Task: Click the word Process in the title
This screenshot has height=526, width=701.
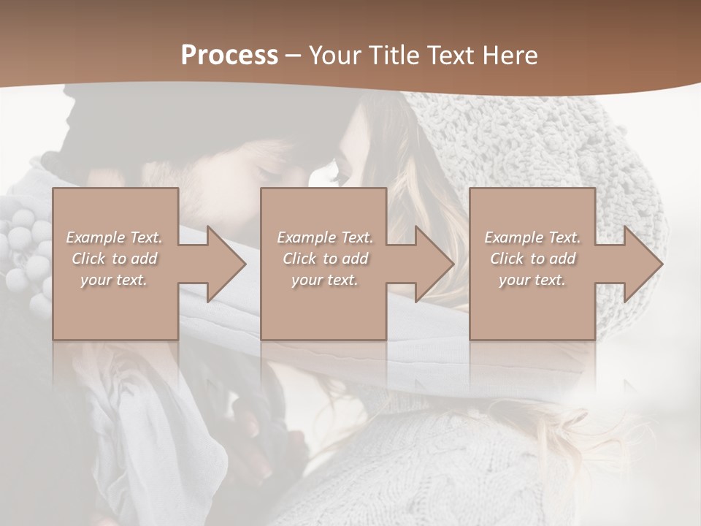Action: click(229, 55)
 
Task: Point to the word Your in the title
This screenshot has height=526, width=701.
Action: click(335, 55)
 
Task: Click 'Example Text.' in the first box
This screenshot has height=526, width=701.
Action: click(115, 237)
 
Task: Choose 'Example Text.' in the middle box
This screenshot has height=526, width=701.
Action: click(325, 237)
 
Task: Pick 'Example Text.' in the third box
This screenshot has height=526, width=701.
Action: click(532, 237)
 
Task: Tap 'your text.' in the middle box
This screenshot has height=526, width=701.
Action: click(324, 280)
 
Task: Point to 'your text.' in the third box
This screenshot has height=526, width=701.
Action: click(532, 280)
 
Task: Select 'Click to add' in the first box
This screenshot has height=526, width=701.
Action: click(115, 259)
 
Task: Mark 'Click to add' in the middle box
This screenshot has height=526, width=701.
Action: click(325, 259)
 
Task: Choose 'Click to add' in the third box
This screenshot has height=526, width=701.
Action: click(532, 259)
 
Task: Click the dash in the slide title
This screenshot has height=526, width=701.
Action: click(294, 56)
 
